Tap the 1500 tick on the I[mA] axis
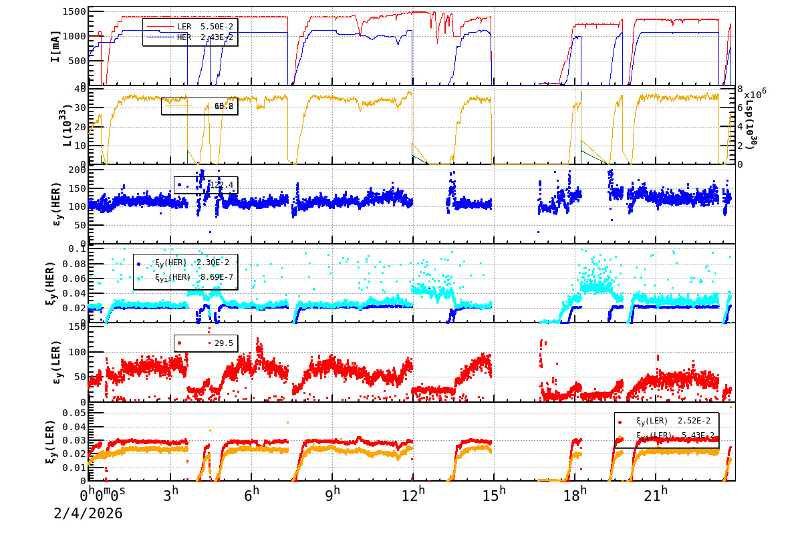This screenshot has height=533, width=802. pyautogui.click(x=74, y=12)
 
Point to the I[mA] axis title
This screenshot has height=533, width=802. pyautogui.click(x=55, y=46)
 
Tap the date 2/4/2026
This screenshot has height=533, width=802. pyautogui.click(x=88, y=513)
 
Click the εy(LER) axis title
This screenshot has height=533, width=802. pyautogui.click(x=56, y=364)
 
